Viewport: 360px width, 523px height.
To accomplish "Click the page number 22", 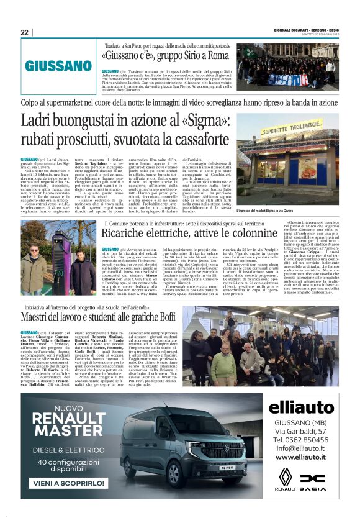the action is (x=24, y=32).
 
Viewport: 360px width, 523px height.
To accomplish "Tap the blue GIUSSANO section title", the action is (x=58, y=66).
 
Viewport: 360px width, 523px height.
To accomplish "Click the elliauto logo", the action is (x=302, y=407).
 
